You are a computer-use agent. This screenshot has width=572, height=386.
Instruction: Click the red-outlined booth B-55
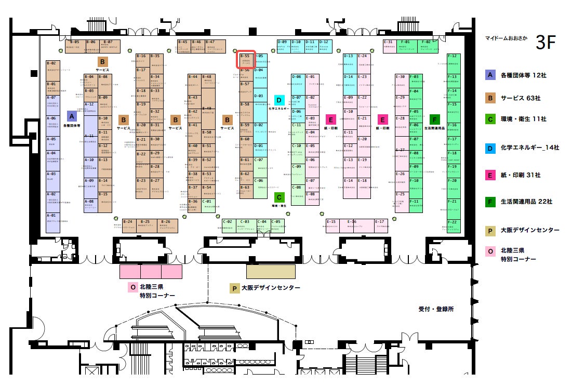point(246,59)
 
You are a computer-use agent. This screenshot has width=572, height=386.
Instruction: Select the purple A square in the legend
point(490,75)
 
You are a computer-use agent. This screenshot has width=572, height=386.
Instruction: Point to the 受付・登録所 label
point(436,309)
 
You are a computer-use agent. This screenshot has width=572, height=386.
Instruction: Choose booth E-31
point(390,45)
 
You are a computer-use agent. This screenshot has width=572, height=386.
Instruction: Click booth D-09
point(283,45)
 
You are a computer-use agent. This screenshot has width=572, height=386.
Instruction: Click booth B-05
point(75,45)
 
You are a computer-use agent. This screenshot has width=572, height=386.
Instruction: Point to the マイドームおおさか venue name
point(507,38)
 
